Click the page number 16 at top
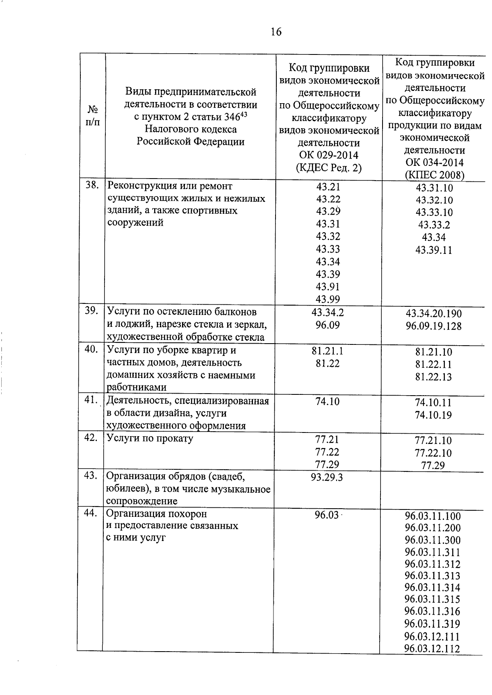coord(276,32)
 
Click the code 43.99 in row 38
coord(328,299)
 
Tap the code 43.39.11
coord(433,250)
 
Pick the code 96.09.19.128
coord(433,326)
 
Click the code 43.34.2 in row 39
coord(328,312)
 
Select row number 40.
coord(91,349)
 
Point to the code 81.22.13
coord(433,377)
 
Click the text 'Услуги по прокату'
coord(150,438)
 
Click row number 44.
coord(91,513)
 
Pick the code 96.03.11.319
coord(433,624)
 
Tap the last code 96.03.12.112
coord(432,648)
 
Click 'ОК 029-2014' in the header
coord(328,155)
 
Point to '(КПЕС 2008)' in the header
coord(434,175)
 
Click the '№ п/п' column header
coord(93,115)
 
